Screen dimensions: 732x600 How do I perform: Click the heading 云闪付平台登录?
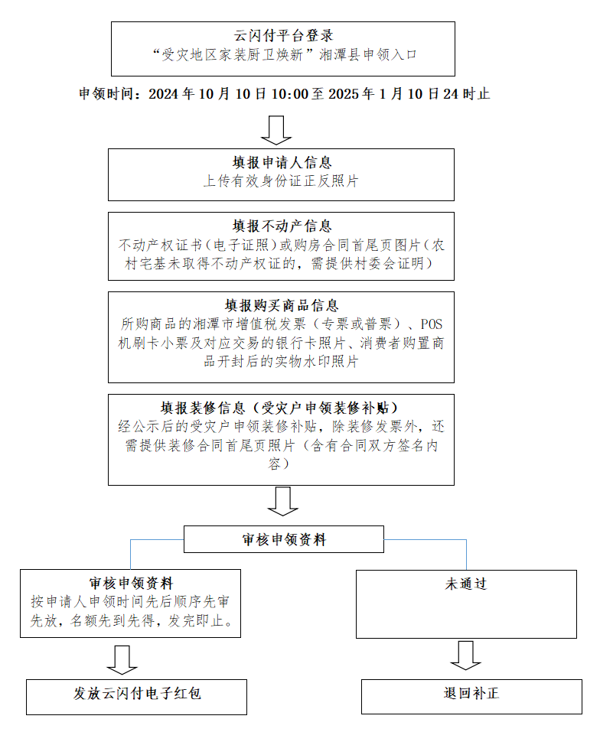283,36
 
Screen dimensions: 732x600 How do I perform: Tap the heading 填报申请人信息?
282,163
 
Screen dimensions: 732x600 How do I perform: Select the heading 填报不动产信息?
282,226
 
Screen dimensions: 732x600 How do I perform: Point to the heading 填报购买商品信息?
282,305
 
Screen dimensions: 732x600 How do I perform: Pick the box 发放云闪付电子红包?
137,696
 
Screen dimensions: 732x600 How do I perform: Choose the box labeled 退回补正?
471,696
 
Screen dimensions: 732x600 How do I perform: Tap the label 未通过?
466,584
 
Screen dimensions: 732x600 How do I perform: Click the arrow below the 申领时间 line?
276,130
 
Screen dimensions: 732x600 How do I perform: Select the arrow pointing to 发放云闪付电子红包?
122,659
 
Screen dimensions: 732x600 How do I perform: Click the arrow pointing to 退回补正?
465,655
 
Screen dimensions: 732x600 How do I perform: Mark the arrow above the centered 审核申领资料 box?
282,503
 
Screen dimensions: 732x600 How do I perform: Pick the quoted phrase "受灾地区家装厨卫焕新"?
230,55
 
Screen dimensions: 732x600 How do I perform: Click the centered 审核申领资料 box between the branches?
283,539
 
